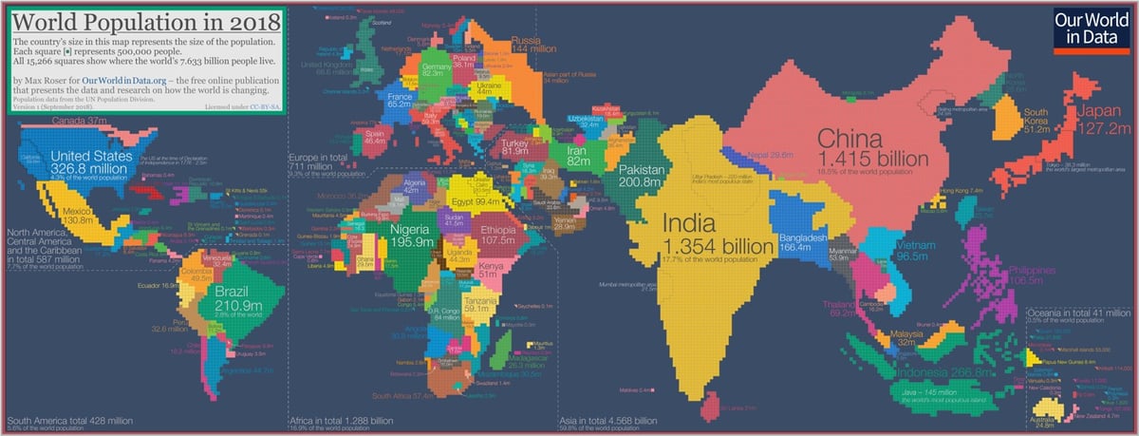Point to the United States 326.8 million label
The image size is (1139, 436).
coord(91,162)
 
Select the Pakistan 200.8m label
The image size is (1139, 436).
coord(643,176)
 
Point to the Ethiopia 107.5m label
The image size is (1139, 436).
coord(496,236)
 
